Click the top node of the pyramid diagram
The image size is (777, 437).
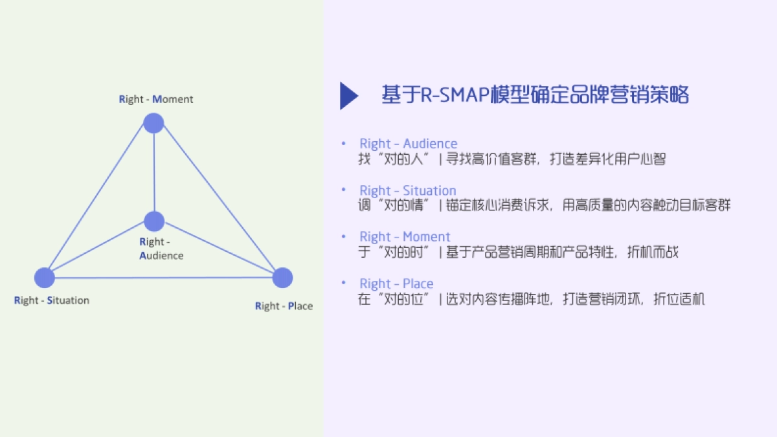coord(153,123)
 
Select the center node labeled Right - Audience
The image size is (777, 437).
coord(154,221)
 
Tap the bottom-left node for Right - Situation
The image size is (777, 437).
coord(45,278)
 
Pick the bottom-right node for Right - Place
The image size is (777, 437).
coord(282,278)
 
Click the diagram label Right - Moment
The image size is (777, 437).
coord(156,99)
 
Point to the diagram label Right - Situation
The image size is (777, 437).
coord(52,300)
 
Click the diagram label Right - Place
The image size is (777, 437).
coord(284,306)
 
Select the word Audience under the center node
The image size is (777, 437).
coord(161,255)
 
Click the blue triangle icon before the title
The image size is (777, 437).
coord(348,96)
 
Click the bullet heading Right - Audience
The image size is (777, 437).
coord(408,144)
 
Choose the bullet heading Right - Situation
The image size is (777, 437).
coord(408,190)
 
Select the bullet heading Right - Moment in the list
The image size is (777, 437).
coord(405,237)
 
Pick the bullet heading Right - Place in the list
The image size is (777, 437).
coord(396,284)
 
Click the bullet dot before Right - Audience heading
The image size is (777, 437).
coord(343,144)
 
